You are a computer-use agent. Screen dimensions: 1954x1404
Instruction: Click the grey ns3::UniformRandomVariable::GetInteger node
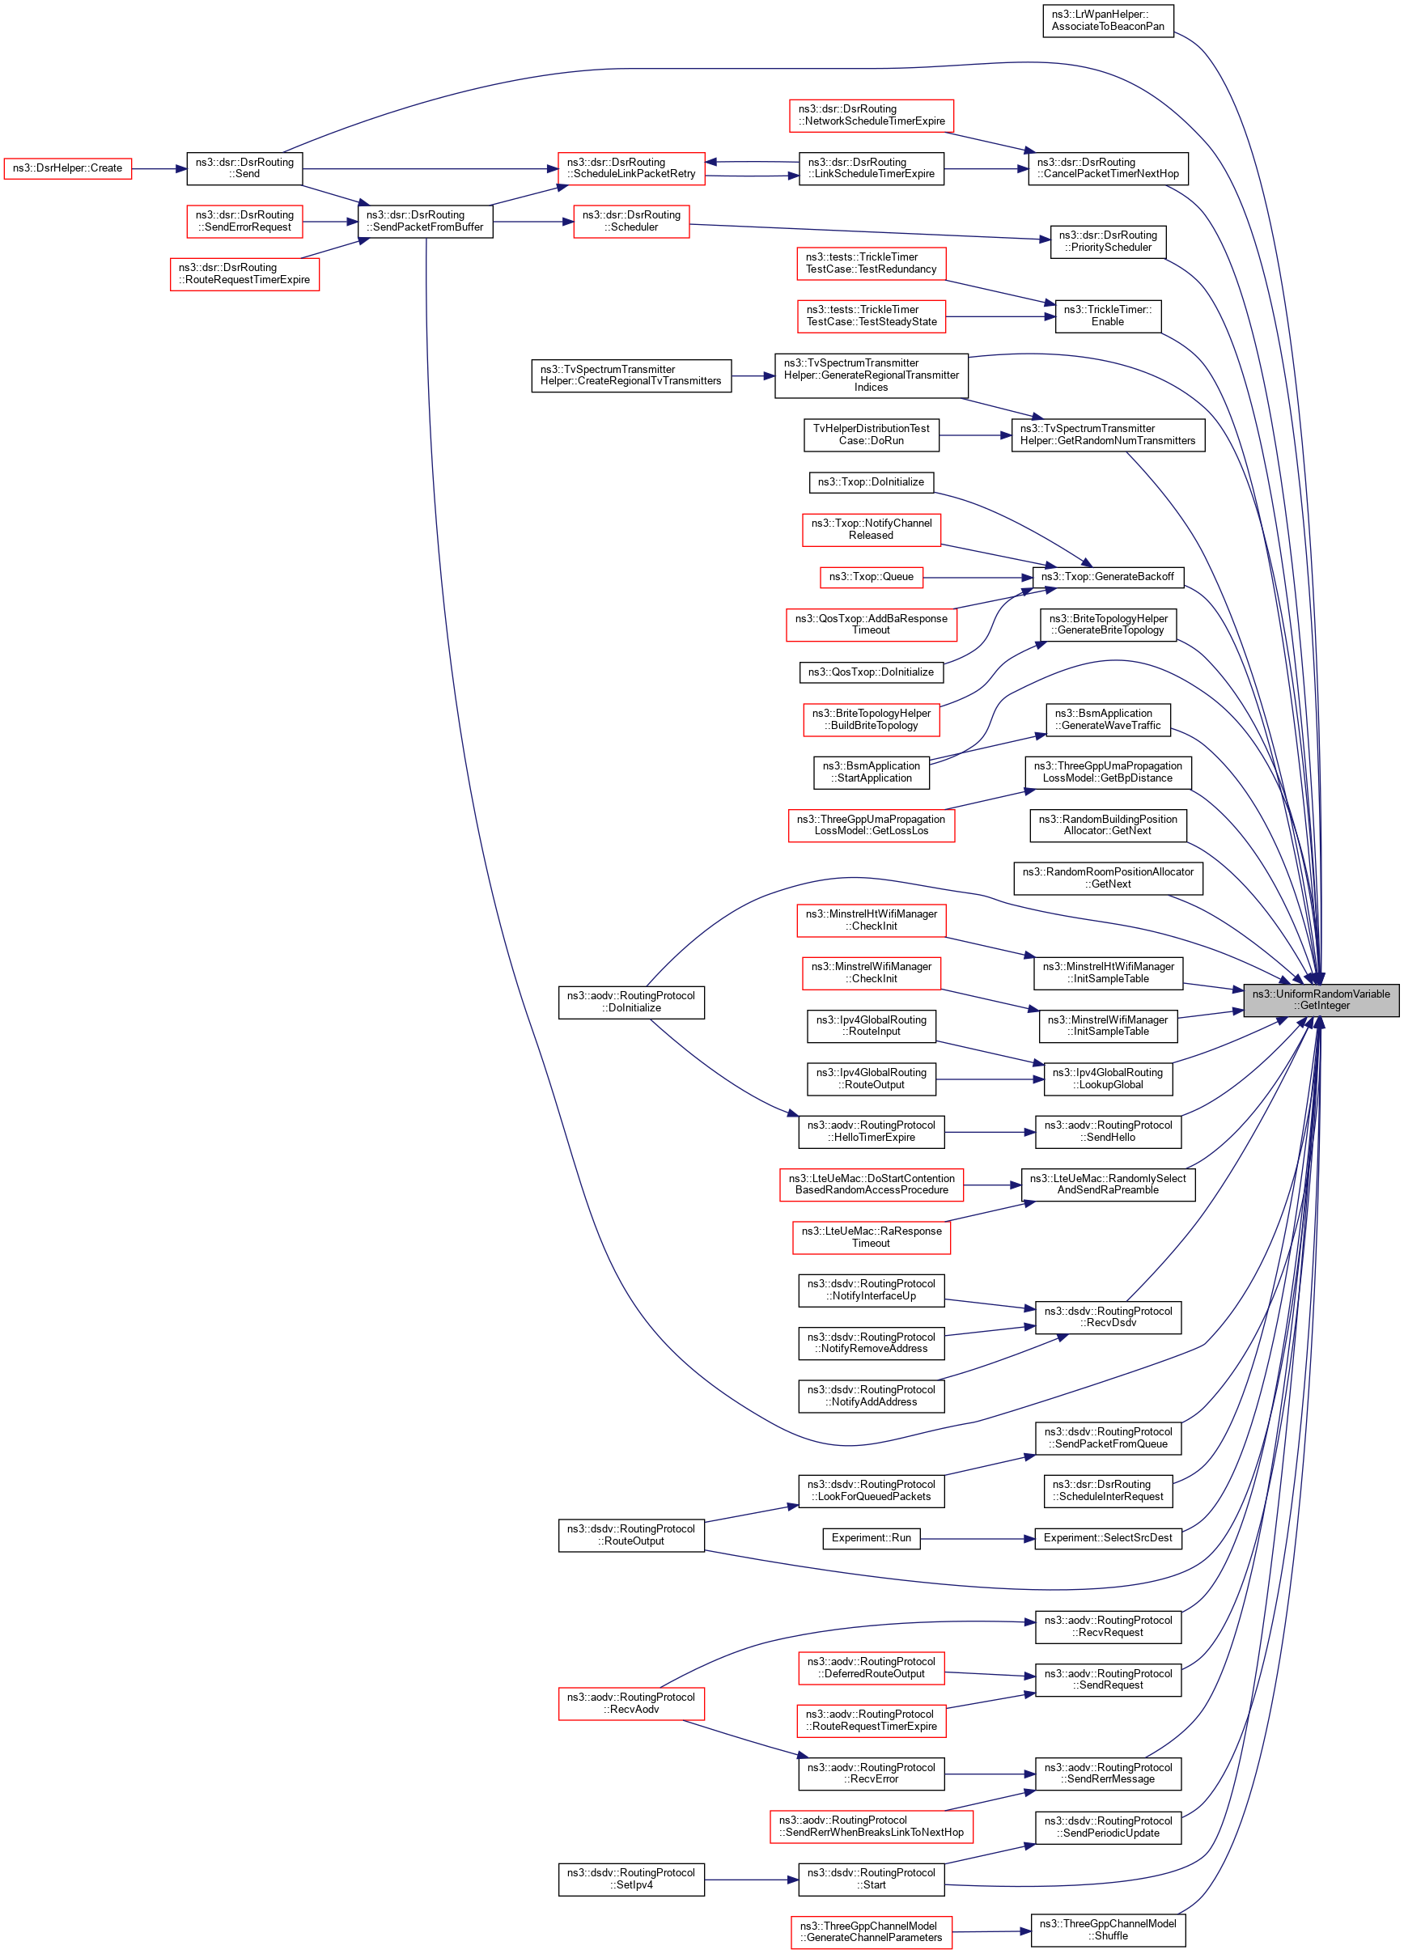[x=1321, y=999]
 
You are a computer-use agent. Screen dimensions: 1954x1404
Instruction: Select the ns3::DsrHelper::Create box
[x=67, y=168]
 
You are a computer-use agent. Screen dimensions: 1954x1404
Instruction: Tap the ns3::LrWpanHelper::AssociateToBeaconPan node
[x=1108, y=21]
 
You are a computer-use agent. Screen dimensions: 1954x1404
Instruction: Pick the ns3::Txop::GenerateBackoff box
[x=1108, y=576]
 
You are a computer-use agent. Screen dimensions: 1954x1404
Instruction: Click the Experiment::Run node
[x=871, y=1538]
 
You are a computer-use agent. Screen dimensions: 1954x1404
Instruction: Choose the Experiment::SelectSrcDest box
[x=1108, y=1538]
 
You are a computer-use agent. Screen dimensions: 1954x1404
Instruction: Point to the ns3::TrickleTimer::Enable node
[x=1108, y=316]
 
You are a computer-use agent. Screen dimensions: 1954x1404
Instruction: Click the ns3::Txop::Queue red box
[x=871, y=576]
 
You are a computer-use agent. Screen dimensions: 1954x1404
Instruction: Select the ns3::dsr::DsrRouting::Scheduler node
[x=631, y=222]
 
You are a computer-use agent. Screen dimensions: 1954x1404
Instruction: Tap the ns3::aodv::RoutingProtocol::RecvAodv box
[x=631, y=1703]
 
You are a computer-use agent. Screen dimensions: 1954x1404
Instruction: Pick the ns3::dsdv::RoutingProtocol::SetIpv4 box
[x=631, y=1879]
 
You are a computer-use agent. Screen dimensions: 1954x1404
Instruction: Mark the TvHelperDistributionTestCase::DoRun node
[x=871, y=434]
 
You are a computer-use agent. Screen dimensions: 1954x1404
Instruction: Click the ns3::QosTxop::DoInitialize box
[x=871, y=672]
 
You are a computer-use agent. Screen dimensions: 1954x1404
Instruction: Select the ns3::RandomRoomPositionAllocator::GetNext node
[x=1108, y=878]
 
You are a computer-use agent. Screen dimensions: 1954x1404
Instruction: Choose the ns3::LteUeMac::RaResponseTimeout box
[x=871, y=1237]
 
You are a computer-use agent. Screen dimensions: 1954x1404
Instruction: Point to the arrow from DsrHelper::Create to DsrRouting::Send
[x=159, y=169]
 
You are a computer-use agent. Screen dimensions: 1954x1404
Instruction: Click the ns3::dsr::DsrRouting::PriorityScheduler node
[x=1108, y=241]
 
